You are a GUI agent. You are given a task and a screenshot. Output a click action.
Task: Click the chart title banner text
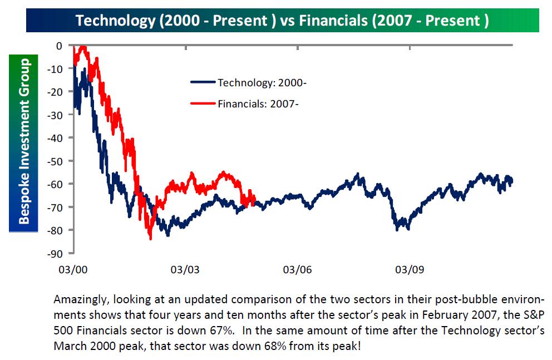282,21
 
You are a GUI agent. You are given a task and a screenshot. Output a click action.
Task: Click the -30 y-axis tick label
56,115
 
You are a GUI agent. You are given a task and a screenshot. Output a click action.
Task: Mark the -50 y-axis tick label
56,161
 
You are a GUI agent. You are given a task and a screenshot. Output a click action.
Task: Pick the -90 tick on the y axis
56,253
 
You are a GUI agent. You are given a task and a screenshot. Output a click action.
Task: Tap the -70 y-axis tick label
56,207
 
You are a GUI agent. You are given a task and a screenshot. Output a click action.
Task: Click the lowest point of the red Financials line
150,239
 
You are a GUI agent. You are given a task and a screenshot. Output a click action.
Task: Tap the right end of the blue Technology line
512,180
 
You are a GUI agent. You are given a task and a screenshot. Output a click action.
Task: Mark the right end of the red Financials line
254,200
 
